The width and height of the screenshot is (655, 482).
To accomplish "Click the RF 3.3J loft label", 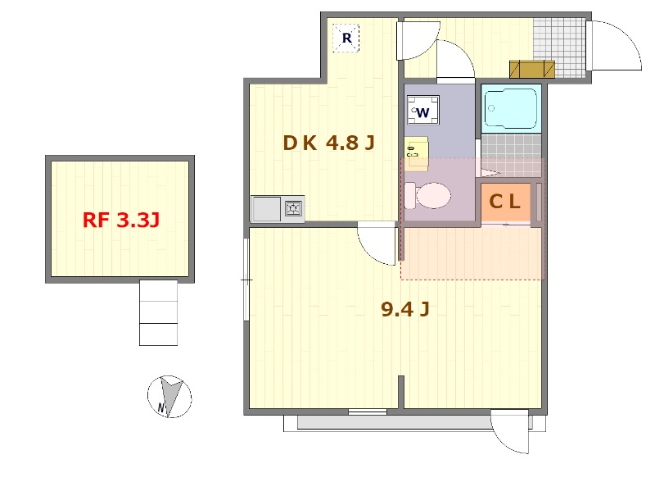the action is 120,220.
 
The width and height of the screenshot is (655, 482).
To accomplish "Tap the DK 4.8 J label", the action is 328,143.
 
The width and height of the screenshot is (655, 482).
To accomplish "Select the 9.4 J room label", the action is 404,309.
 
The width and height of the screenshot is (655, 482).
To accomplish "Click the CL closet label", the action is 504,202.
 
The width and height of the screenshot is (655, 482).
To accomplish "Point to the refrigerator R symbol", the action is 346,38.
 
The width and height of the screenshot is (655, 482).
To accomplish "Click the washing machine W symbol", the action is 422,111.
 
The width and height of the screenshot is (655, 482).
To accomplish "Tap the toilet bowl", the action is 427,195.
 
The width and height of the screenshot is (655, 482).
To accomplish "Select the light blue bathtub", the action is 511,109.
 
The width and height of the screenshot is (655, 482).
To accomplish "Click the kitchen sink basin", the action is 265,209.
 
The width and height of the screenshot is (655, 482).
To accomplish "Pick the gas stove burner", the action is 293,208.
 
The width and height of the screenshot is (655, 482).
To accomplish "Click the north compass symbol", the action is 169,396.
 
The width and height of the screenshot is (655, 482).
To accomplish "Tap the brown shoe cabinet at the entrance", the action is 531,70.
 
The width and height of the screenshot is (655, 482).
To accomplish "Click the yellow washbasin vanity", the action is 417,153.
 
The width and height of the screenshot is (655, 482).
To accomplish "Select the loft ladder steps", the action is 158,313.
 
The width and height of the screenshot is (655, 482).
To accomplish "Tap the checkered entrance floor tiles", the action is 558,48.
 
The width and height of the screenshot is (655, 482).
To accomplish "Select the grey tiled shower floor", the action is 511,155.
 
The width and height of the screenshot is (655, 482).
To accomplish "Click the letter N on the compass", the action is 161,407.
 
